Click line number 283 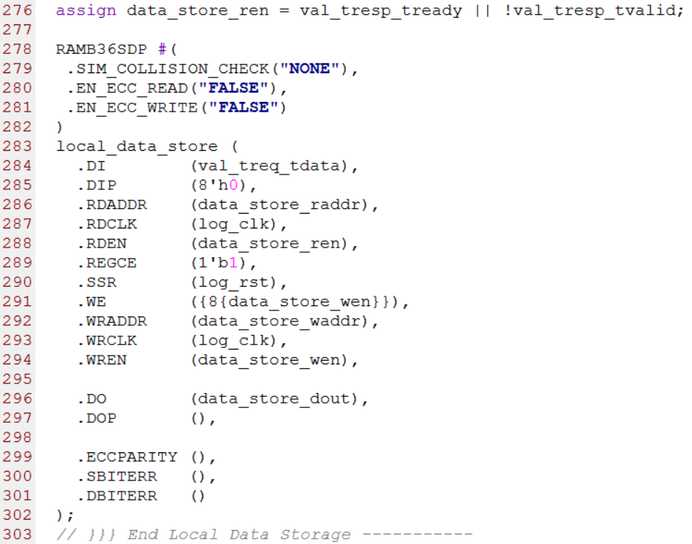(x=18, y=146)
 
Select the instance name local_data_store (x=136, y=146)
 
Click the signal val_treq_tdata (x=269, y=166)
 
